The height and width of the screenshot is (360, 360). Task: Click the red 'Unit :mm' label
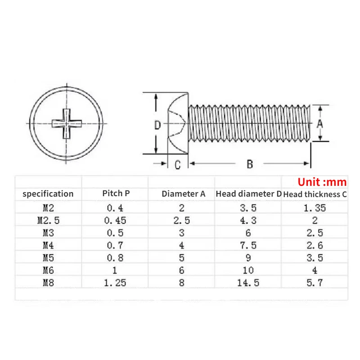pyautogui.click(x=322, y=182)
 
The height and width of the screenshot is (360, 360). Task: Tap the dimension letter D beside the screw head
pyautogui.click(x=157, y=125)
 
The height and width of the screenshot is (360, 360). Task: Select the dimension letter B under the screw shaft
pyautogui.click(x=250, y=164)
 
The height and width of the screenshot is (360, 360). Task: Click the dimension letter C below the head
pyautogui.click(x=177, y=165)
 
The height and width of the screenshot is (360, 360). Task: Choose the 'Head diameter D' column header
pyautogui.click(x=249, y=194)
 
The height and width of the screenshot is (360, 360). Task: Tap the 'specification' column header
pyautogui.click(x=48, y=194)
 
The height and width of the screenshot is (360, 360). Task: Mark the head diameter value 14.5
pyautogui.click(x=248, y=283)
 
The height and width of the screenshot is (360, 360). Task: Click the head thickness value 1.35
pyautogui.click(x=315, y=208)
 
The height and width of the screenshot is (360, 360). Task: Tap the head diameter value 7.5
pyautogui.click(x=248, y=246)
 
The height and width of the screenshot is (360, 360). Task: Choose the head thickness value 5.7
pyautogui.click(x=315, y=283)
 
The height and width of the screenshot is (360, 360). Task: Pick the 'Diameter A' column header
pyautogui.click(x=183, y=194)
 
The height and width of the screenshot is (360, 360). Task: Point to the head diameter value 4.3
pyautogui.click(x=248, y=220)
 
